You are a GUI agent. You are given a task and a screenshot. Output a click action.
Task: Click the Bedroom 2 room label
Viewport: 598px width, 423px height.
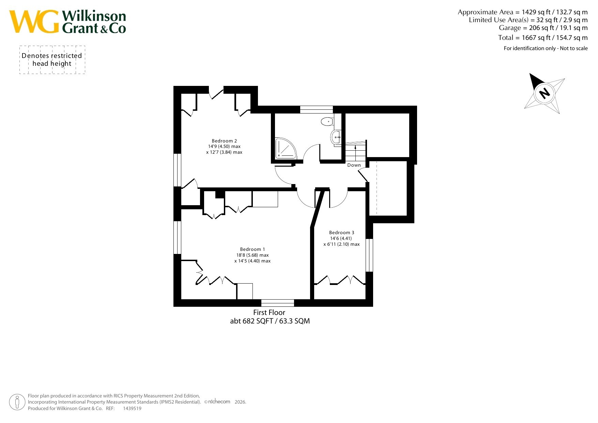tap(224, 141)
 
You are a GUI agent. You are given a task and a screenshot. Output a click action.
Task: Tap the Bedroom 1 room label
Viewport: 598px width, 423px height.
tap(252, 249)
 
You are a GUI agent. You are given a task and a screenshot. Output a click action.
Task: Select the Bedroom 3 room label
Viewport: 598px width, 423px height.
tap(341, 232)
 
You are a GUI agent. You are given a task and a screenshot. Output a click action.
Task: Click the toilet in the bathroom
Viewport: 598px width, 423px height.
tap(327, 121)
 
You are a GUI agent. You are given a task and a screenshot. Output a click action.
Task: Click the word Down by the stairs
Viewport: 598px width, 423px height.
tap(354, 165)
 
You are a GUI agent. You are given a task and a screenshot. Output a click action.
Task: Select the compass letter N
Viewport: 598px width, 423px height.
tap(545, 93)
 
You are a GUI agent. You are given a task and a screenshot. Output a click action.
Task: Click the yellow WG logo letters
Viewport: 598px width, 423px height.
tap(34, 21)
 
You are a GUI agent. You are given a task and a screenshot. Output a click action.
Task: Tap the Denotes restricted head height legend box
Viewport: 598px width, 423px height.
tap(52, 60)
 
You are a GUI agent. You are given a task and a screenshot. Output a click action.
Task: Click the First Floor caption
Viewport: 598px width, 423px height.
tap(269, 312)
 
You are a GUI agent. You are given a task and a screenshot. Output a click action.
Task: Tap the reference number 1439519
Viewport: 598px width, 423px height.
tap(132, 408)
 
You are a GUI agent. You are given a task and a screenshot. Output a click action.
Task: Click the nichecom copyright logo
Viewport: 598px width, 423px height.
tap(219, 402)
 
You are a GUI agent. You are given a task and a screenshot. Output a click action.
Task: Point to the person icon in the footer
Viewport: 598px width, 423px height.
tap(17, 402)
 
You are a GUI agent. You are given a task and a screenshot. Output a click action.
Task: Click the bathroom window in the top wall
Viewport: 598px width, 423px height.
tap(317, 109)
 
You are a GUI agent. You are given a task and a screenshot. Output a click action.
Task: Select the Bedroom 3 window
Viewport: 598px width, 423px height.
tap(369, 255)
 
